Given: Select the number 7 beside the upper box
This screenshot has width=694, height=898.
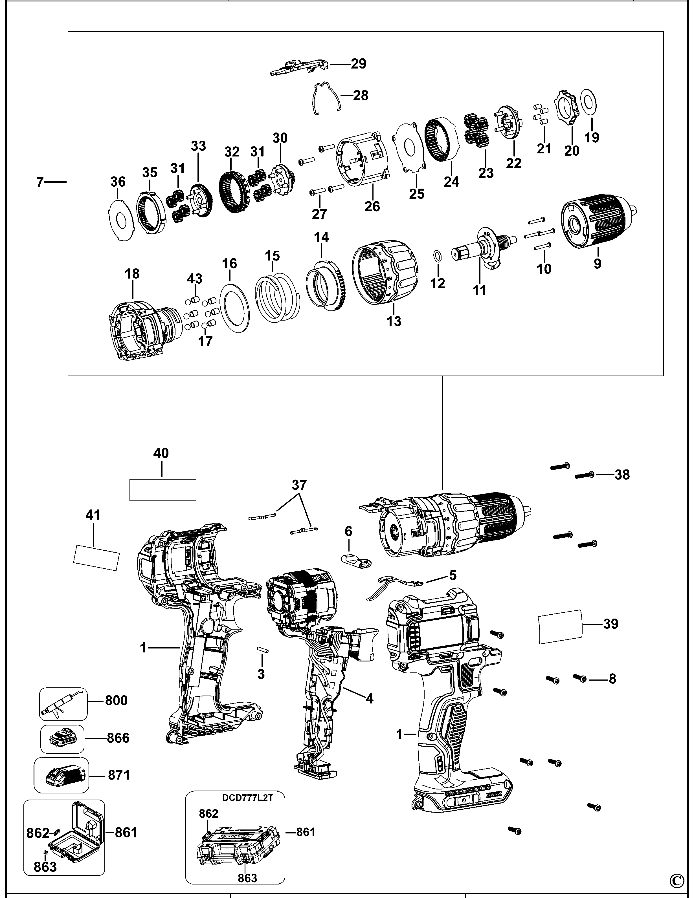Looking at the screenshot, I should (39, 182).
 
